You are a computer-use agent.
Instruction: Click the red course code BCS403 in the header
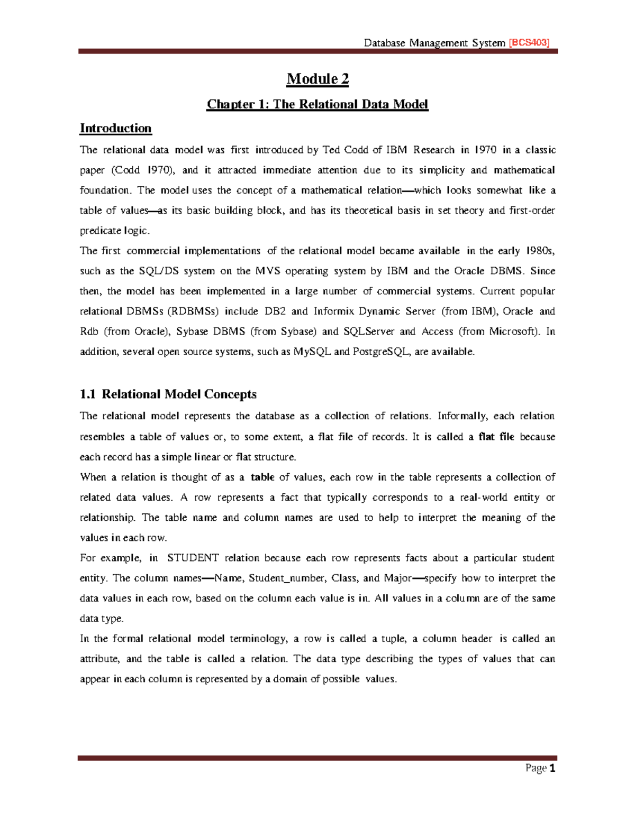point(529,43)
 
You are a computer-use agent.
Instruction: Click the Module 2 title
point(317,79)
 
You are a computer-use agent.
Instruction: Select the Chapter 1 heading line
point(317,104)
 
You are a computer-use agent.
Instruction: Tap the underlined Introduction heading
point(115,129)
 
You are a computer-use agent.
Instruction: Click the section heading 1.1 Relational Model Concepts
point(168,394)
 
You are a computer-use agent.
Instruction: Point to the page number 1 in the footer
point(552,769)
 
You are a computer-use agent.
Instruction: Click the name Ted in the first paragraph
point(331,150)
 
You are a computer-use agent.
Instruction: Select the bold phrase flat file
point(496,437)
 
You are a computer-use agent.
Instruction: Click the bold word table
point(262,477)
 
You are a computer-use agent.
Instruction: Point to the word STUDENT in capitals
point(193,558)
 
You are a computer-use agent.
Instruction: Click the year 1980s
point(540,251)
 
